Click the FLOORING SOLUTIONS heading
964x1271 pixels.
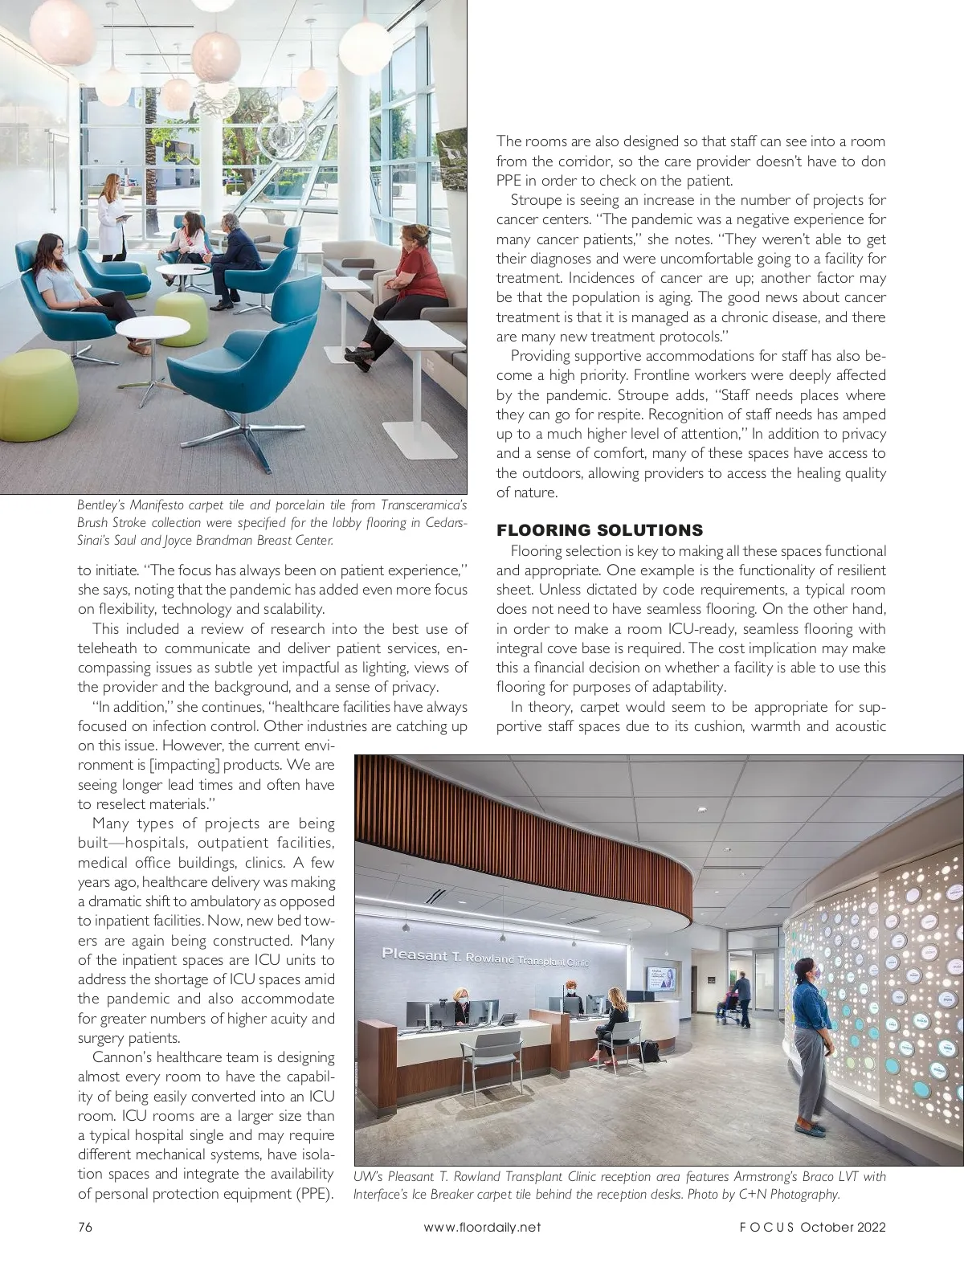click(x=599, y=530)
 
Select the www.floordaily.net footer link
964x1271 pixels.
click(x=482, y=1227)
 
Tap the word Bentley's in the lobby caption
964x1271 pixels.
click(x=97, y=505)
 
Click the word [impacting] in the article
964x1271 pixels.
click(x=186, y=765)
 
